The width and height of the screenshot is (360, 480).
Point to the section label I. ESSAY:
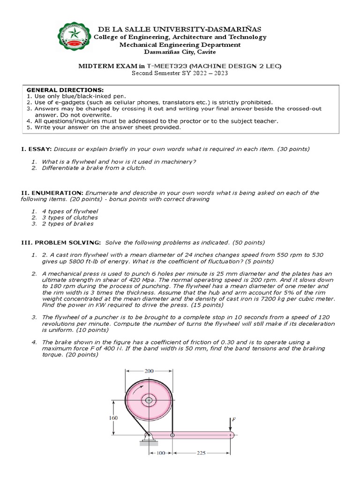tap(36, 149)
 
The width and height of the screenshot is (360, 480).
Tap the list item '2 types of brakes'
tap(67, 224)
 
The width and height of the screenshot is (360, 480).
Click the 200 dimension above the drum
tap(149, 371)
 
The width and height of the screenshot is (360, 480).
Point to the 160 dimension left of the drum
tap(113, 417)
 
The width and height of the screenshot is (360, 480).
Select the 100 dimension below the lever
tap(161, 454)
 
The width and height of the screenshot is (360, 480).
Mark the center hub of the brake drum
tap(149, 400)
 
